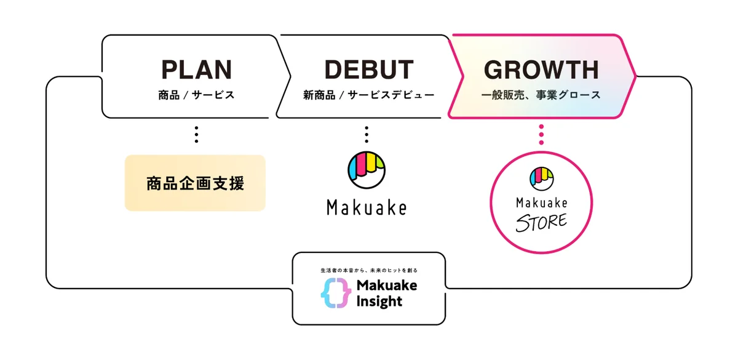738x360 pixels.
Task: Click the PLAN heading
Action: point(196,70)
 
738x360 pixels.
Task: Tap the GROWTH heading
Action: point(541,70)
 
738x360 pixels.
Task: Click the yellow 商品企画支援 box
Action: point(195,183)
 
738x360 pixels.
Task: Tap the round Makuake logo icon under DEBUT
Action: point(367,169)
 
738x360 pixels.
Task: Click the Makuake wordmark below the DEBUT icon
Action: point(367,208)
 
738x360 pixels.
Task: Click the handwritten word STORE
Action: point(541,222)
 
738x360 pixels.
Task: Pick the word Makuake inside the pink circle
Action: point(541,202)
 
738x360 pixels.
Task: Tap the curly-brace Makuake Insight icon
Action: point(336,293)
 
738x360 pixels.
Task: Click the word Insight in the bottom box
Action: point(379,301)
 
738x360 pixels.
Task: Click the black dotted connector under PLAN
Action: point(196,134)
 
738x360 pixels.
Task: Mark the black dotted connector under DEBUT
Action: point(367,134)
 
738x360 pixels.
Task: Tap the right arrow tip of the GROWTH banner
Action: point(633,76)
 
